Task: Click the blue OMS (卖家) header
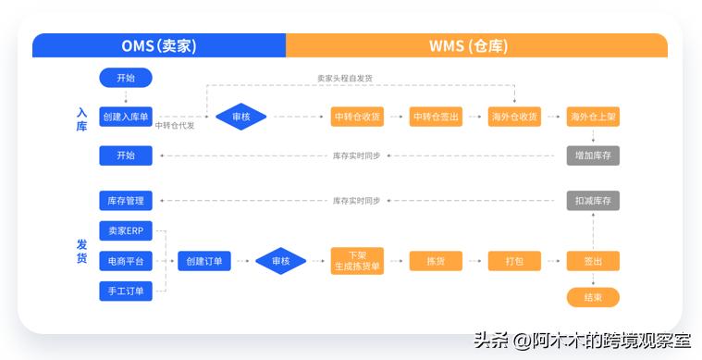point(159,46)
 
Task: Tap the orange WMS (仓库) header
point(476,46)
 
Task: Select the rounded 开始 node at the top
point(125,78)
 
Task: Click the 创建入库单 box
point(125,117)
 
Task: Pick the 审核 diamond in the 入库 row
point(241,117)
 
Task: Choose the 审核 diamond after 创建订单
point(281,261)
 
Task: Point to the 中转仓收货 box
point(357,117)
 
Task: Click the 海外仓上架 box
point(593,117)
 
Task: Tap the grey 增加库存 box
point(593,155)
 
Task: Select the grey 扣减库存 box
point(593,200)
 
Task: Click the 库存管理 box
point(125,200)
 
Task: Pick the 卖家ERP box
point(125,231)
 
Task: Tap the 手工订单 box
point(125,292)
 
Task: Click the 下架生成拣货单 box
point(357,261)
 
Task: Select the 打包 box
point(514,261)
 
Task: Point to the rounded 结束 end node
point(593,297)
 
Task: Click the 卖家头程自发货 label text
point(344,79)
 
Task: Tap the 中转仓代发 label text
point(175,125)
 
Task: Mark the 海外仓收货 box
point(514,117)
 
